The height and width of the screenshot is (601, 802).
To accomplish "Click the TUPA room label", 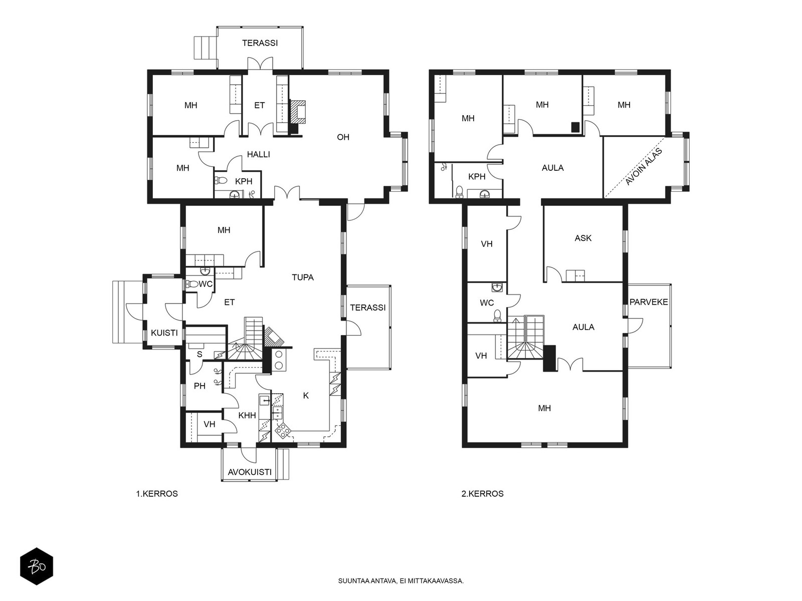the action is coord(303,277).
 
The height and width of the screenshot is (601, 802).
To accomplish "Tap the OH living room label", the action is coord(343,137).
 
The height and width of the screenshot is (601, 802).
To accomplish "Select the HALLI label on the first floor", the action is coord(258,154).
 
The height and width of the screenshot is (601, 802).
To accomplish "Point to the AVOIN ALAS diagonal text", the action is coord(644,167).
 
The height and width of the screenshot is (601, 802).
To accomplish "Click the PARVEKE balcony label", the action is coord(649,302).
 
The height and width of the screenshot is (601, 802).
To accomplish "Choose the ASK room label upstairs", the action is coord(583,238).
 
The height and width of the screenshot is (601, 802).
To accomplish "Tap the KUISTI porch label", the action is coord(164,333).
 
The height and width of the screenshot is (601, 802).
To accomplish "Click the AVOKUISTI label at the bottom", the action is coord(250,472).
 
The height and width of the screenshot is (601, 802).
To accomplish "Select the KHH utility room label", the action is coord(247,415).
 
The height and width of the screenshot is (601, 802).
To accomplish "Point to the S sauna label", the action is coord(199,354).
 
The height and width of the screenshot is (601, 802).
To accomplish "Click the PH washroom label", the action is coord(199,386).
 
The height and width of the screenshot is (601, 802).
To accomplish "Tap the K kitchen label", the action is coord(306,395).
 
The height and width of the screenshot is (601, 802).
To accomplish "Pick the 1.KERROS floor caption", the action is coord(157,494).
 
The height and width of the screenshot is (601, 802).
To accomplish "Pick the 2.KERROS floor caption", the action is coord(482,494).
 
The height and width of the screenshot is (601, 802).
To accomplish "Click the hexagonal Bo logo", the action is coord(37,566).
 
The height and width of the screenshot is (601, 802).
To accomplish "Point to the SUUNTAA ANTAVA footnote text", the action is coord(401,581).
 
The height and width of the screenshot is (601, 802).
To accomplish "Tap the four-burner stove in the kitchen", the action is coord(283,431).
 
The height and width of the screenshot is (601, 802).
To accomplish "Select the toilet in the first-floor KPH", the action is coord(221,180).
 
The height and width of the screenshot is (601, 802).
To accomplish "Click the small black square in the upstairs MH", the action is coord(575,127).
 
